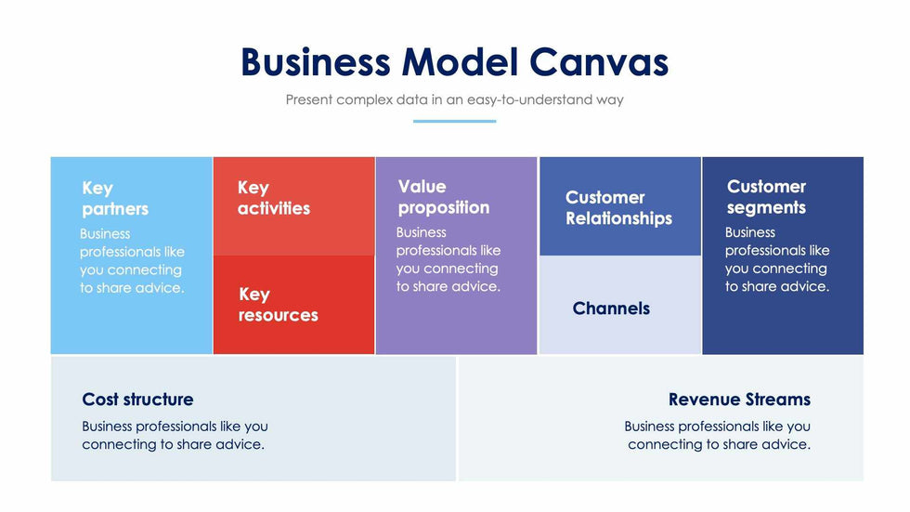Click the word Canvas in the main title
click(599, 62)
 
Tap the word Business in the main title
click(316, 62)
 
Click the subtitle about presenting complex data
click(454, 99)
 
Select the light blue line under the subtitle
click(454, 121)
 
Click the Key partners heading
click(115, 198)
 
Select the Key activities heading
click(273, 198)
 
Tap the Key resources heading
click(278, 305)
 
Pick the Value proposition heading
click(443, 197)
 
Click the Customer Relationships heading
click(618, 208)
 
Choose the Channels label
click(611, 309)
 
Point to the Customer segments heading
click(766, 197)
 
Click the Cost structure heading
click(137, 400)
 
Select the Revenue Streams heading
click(739, 400)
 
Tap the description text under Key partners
click(132, 261)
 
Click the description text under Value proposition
click(448, 259)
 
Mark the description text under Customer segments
click(777, 259)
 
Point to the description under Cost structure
click(175, 436)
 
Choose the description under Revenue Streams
click(718, 436)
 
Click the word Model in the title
click(460, 62)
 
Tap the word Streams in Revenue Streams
click(774, 400)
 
